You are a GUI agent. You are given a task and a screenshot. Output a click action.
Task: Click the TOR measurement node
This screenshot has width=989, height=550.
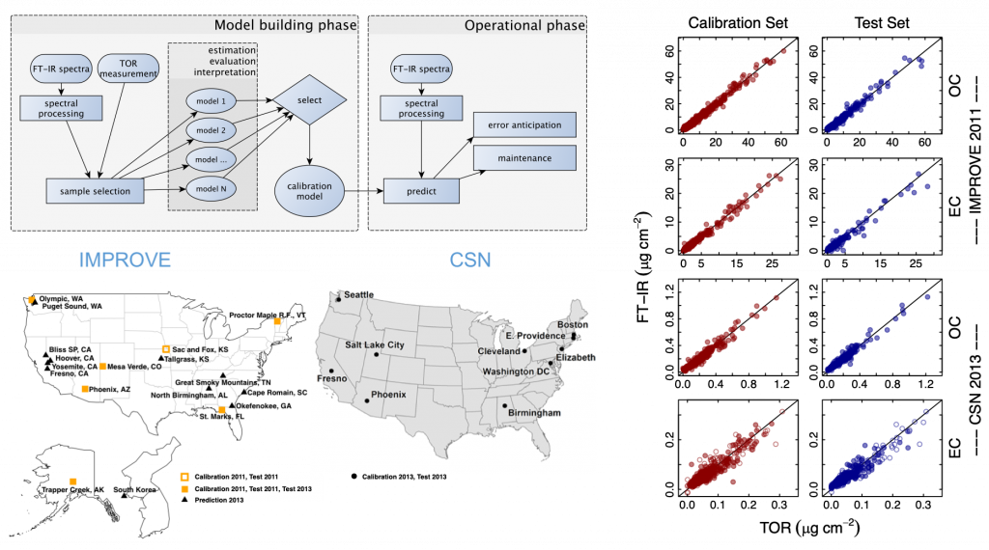click(128, 69)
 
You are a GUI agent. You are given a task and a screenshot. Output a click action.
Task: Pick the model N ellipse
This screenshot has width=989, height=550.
click(211, 189)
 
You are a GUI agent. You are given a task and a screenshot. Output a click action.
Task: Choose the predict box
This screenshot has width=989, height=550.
click(421, 191)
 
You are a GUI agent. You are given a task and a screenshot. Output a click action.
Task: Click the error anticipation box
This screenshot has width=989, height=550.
click(523, 124)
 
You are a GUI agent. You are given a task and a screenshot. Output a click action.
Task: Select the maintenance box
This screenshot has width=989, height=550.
click(523, 158)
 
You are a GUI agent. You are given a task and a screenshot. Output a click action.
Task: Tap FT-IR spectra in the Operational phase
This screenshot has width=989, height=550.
click(421, 69)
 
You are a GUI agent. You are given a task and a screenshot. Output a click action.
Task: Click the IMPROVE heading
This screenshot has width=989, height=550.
click(125, 260)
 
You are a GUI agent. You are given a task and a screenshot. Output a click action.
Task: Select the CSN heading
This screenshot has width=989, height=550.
click(469, 260)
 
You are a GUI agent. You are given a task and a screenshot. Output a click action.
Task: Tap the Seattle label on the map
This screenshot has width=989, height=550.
click(358, 294)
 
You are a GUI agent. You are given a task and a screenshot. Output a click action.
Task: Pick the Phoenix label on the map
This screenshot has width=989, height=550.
click(387, 394)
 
